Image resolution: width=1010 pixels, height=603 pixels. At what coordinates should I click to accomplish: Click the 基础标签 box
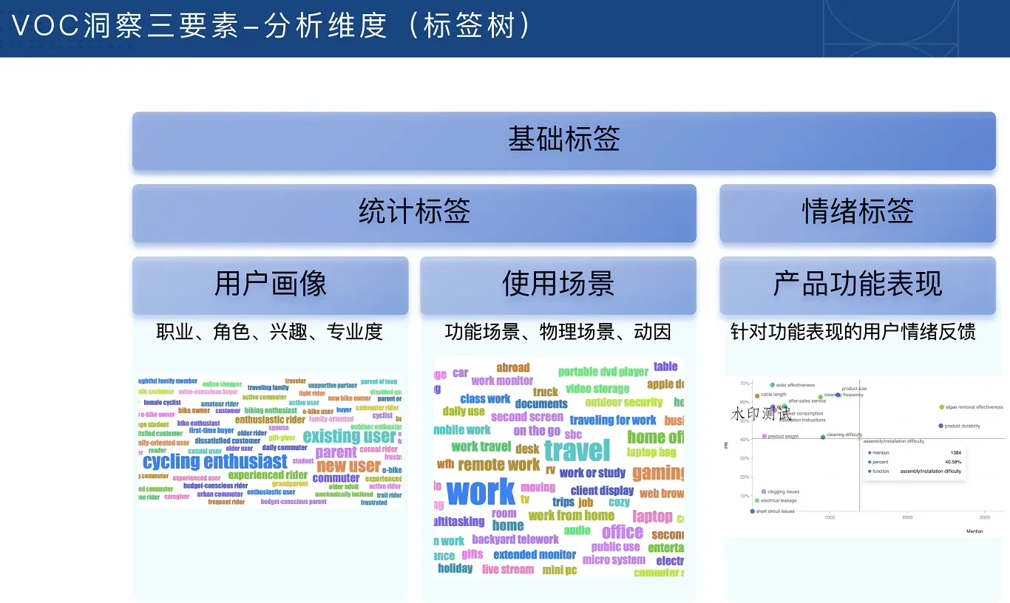[x=563, y=140]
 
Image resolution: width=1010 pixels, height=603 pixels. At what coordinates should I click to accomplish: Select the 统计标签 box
[x=414, y=213]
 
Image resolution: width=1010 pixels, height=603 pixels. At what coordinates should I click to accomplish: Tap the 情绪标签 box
[x=858, y=213]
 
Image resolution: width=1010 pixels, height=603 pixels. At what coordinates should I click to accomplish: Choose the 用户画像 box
[x=270, y=285]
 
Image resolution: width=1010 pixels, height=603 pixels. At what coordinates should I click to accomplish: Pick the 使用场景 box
[x=558, y=285]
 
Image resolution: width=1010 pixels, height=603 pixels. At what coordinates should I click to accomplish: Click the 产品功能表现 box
[x=858, y=285]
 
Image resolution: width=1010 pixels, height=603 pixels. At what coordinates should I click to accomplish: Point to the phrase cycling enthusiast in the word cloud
[x=214, y=462]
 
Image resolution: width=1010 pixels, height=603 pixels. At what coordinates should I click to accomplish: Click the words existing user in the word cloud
[x=349, y=436]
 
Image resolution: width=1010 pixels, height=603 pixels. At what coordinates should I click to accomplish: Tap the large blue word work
[x=481, y=492]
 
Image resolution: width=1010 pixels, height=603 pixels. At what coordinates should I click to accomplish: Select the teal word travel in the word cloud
[x=577, y=450]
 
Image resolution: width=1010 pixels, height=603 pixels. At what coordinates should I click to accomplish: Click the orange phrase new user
[x=348, y=466]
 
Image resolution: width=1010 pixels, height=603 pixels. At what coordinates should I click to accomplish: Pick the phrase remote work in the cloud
[x=498, y=465]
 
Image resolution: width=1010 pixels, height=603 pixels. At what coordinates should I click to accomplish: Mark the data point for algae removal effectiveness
[x=941, y=407]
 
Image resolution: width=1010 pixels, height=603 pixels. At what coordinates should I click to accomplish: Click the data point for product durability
[x=940, y=426]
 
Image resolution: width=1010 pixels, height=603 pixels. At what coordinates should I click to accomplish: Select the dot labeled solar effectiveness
[x=773, y=385]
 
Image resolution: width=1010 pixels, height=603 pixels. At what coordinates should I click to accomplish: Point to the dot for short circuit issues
[x=753, y=511]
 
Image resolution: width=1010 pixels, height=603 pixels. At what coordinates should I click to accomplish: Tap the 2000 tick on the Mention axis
[x=907, y=517]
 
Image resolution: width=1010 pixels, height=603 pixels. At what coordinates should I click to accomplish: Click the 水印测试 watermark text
[x=760, y=414]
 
